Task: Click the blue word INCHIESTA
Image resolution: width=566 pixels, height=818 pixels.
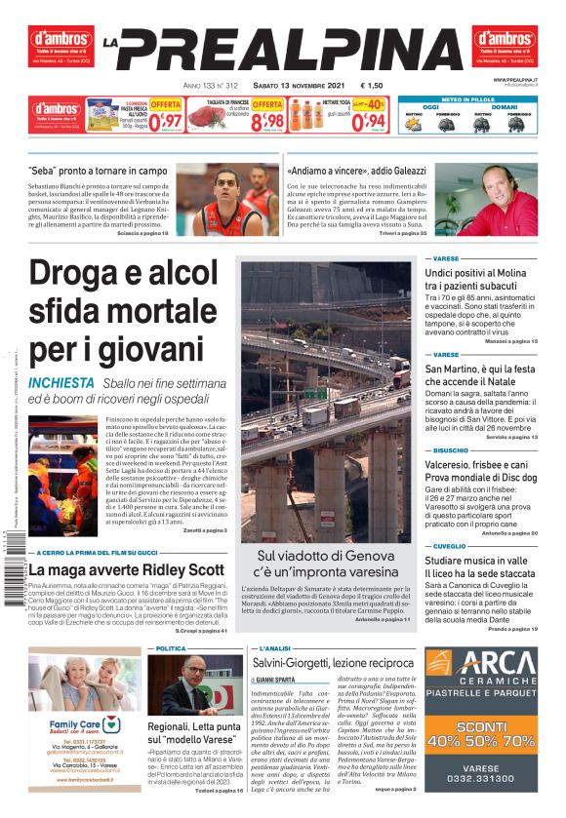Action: tap(61, 383)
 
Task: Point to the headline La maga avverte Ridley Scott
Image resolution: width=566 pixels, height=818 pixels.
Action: tap(127, 569)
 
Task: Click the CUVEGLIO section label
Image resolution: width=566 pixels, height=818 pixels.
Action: tap(450, 546)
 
